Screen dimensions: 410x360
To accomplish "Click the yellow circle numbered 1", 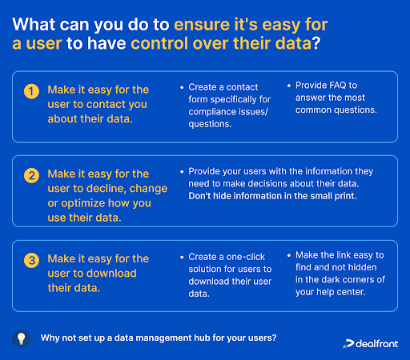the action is click(31, 91).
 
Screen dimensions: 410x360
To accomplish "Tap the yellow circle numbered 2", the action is click(31, 175).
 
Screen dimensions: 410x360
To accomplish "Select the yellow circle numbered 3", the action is click(31, 260).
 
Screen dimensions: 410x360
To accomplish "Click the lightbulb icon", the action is click(22, 338).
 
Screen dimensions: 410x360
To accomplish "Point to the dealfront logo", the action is click(371, 343).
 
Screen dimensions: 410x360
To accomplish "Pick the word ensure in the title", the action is click(202, 25).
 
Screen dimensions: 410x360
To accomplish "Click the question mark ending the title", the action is click(316, 43).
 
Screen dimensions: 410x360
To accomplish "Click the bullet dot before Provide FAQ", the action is click(289, 86).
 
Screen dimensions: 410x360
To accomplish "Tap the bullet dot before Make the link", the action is click(289, 255).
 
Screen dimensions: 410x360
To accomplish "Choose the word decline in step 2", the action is click(107, 189).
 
